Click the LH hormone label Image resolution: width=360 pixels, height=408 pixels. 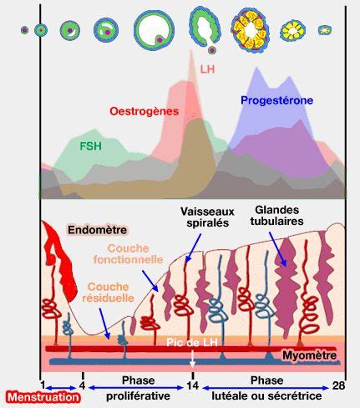(207, 69)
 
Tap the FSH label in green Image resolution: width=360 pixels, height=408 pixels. (90, 146)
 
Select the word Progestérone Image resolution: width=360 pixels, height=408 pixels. (276, 100)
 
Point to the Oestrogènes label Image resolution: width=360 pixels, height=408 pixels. (144, 111)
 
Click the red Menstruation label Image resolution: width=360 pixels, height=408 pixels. (43, 397)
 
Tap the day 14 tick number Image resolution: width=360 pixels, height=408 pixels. (193, 385)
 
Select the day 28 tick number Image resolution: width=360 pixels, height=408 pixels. (338, 385)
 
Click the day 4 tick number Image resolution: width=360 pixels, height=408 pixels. (82, 385)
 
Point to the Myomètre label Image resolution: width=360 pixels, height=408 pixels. (309, 355)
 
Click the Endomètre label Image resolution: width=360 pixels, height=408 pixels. (98, 230)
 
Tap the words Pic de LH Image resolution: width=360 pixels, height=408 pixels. (192, 342)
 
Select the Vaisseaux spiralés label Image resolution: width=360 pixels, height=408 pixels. (207, 217)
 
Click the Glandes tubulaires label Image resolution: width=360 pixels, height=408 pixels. (276, 216)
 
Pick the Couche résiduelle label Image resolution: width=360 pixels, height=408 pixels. (109, 292)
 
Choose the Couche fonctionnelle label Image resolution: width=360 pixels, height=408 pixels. (129, 254)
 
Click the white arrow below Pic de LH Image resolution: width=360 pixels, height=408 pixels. (192, 358)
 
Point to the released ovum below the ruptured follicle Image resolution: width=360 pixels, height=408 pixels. (212, 50)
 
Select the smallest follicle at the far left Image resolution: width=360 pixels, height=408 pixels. (24, 30)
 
